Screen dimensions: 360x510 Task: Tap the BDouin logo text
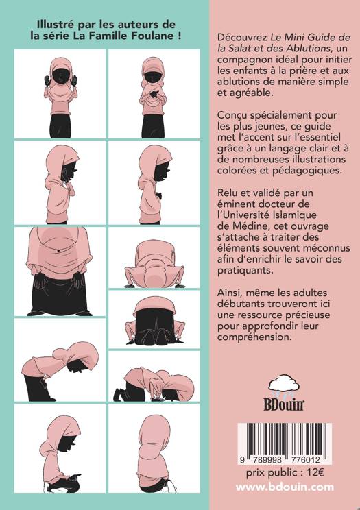[283, 404]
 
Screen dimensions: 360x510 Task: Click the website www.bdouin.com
[285, 487]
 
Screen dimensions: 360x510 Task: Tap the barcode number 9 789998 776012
[280, 460]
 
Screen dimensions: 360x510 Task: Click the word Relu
[228, 193]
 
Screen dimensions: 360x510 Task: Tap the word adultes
[308, 293]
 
